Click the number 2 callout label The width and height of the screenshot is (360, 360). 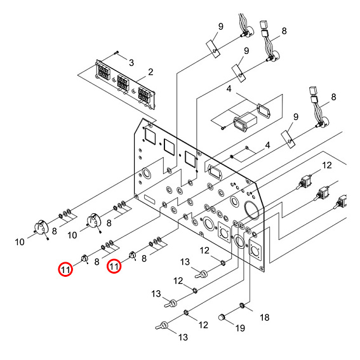click(x=150, y=72)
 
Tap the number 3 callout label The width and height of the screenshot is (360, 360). click(x=131, y=62)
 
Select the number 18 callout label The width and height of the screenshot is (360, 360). click(x=265, y=316)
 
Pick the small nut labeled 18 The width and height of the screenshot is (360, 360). click(x=243, y=307)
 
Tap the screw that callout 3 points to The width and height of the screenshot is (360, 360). click(x=117, y=52)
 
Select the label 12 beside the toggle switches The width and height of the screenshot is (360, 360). click(x=327, y=166)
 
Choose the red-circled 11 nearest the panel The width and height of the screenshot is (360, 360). click(x=114, y=267)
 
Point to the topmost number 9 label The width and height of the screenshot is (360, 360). click(x=220, y=27)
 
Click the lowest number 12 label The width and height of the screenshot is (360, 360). click(x=203, y=324)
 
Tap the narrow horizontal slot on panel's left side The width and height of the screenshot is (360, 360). click(x=152, y=201)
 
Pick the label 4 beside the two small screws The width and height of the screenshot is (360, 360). click(x=267, y=145)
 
